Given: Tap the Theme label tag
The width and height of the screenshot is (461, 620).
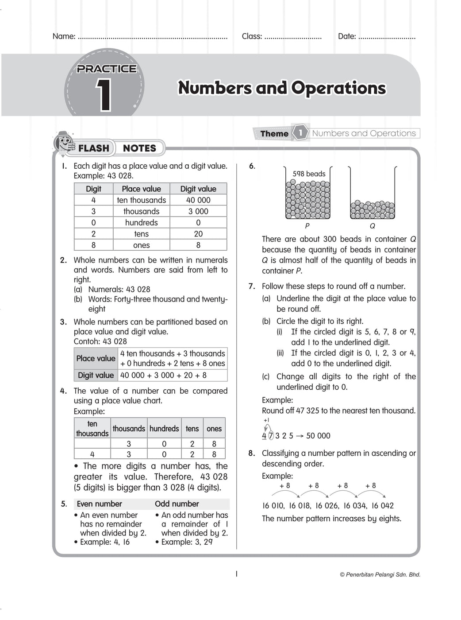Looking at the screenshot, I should click(x=274, y=133).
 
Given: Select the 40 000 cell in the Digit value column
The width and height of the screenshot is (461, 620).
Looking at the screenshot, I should click(x=198, y=200).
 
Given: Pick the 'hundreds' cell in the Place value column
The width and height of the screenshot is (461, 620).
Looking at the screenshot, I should click(x=141, y=223).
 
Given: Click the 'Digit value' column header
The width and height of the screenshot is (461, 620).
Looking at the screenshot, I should click(x=198, y=189).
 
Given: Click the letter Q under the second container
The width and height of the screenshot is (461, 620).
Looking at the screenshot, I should click(x=372, y=226).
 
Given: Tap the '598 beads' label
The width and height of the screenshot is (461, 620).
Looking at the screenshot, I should click(x=309, y=174).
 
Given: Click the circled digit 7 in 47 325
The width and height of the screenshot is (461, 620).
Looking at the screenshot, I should click(x=271, y=436).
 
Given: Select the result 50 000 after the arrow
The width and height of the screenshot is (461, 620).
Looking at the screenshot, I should click(x=318, y=436).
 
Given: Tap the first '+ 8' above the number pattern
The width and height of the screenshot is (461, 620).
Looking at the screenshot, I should click(x=284, y=486).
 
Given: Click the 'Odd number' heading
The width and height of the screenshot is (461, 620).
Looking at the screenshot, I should click(x=177, y=504).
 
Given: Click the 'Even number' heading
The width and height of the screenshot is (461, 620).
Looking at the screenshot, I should click(x=99, y=504).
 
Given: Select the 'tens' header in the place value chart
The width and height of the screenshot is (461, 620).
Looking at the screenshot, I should click(x=192, y=429).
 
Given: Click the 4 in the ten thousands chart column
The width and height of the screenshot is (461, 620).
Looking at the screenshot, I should click(x=92, y=454).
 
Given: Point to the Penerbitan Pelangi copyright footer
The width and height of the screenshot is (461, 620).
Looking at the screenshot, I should click(x=380, y=575).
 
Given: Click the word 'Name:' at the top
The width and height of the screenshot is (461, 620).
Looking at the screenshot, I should click(x=64, y=36).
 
